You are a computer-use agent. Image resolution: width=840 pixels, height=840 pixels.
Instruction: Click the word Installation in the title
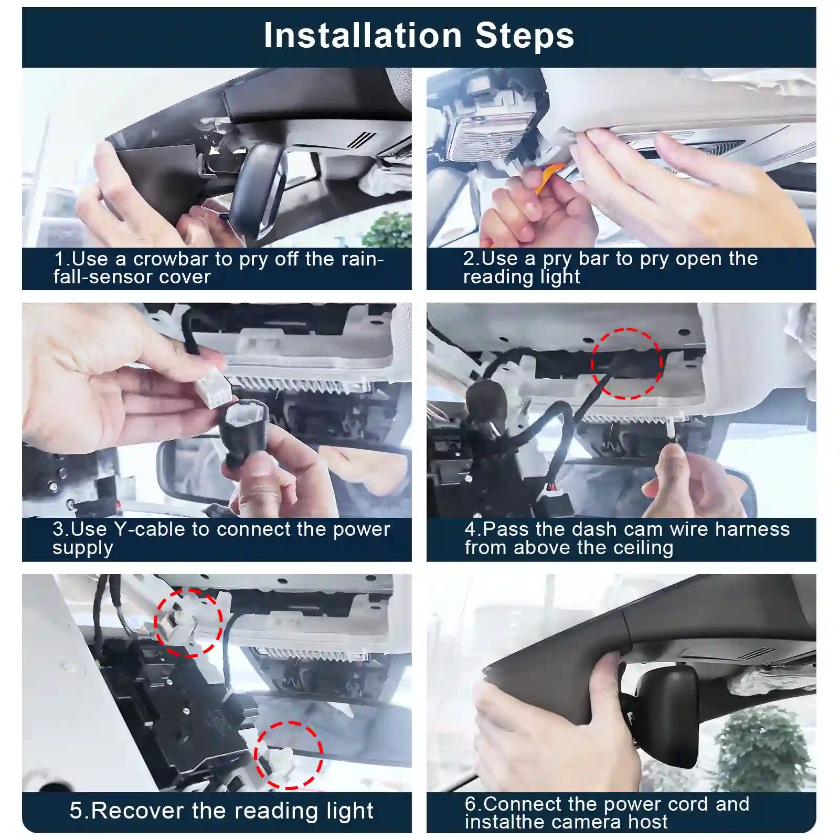tap(363, 36)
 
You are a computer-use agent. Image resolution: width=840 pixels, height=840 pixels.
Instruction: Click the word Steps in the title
tap(525, 36)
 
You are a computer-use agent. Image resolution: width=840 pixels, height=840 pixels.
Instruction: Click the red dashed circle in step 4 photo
tap(626, 363)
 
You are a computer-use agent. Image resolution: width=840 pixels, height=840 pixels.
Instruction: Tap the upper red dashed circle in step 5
tap(188, 622)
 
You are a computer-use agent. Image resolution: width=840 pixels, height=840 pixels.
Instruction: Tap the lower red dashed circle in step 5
tap(289, 754)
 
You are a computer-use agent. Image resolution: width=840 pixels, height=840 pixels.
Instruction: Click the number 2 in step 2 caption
tap(469, 259)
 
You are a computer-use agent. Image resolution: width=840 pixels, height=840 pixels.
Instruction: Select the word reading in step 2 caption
tap(493, 277)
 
